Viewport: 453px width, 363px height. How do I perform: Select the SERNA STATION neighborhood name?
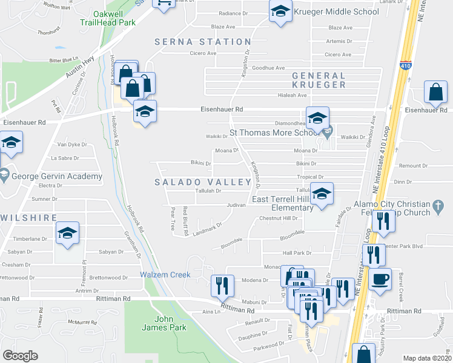pyautogui.click(x=203, y=42)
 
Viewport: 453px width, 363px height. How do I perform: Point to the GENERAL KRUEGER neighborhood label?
pyautogui.click(x=319, y=80)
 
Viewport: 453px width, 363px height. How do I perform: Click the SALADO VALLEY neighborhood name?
pyautogui.click(x=203, y=182)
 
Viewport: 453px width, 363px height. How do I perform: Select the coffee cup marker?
pyautogui.click(x=380, y=280)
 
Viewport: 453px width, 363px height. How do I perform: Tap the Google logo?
pyautogui.click(x=20, y=356)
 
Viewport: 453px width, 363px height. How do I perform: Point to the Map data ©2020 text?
pyautogui.click(x=428, y=358)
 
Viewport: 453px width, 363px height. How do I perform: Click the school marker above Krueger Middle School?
pyautogui.click(x=280, y=11)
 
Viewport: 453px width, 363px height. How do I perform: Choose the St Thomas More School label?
pyautogui.click(x=273, y=133)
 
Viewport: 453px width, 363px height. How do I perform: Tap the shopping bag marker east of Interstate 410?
pyautogui.click(x=435, y=93)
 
